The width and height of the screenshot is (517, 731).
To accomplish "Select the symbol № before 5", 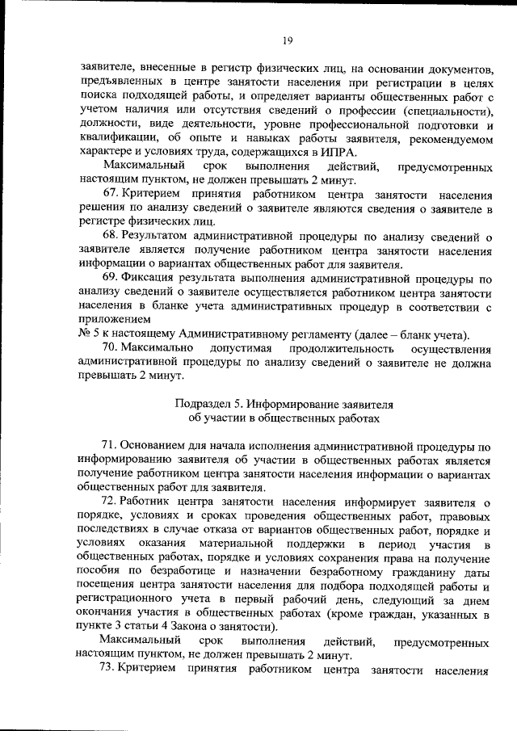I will click(83, 335).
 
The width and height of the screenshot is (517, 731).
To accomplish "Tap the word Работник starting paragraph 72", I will click(151, 502).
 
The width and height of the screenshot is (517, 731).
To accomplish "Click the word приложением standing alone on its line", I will click(111, 321).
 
